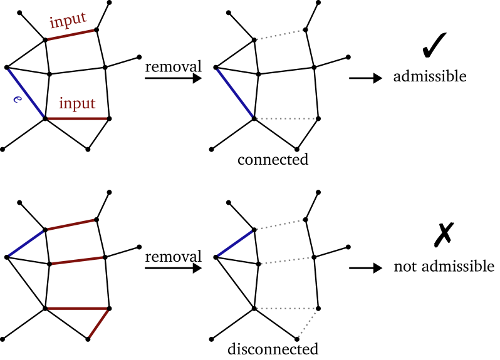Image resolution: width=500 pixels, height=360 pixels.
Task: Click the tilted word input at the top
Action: (68, 20)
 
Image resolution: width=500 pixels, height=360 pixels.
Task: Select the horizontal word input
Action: (77, 103)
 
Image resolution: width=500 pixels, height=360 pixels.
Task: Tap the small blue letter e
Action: (17, 99)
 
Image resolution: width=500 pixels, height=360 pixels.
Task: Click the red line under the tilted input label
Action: (71, 34)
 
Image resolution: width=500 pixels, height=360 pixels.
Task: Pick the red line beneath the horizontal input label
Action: (77, 118)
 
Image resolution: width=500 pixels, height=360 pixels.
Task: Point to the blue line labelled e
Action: (26, 93)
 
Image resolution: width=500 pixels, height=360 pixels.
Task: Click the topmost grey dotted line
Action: (279, 34)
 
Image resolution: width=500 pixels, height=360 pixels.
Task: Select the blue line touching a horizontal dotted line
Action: (235, 93)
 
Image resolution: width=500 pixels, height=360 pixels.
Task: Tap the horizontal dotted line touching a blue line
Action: (285, 118)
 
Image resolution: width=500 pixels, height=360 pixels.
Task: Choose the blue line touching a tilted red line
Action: (26, 244)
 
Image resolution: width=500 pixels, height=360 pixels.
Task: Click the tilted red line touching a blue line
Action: (71, 225)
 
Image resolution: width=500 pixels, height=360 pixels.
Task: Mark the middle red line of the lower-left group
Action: (77, 260)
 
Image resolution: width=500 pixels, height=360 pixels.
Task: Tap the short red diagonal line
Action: (98, 324)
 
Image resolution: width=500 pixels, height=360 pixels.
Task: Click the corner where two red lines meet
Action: (108, 309)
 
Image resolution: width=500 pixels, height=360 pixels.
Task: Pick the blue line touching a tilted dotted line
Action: (235, 244)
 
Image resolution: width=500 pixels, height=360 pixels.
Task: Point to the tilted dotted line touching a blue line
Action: (279, 225)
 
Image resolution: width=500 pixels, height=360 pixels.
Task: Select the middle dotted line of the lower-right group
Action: (285, 260)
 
